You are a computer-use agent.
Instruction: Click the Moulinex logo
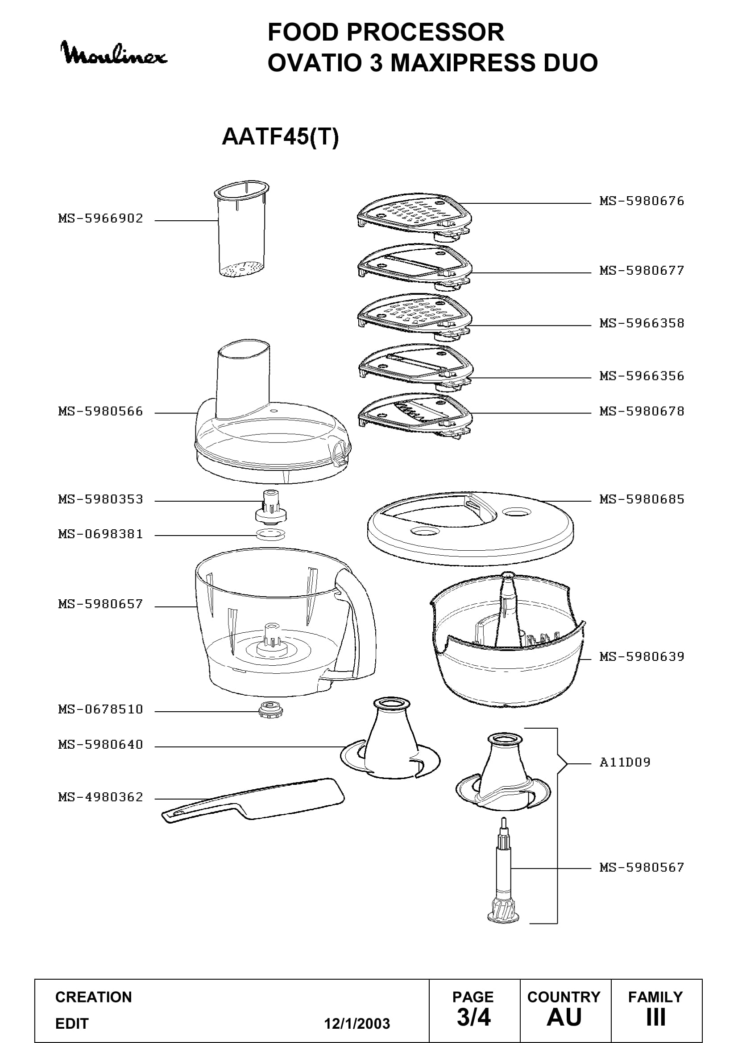pos(114,53)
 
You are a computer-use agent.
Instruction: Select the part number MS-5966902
pos(100,218)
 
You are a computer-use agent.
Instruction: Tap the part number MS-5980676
pos(641,201)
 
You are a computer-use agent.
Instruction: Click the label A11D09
pos(625,762)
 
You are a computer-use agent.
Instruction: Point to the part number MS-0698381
pos(100,534)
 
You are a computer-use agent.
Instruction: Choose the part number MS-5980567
pos(641,868)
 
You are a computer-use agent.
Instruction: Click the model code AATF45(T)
pos(280,136)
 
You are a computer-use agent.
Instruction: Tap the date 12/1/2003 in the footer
pos(357,1024)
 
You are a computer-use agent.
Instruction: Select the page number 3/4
pos(473,1017)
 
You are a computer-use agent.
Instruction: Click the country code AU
pos(564,1017)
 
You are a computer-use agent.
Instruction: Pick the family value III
pos(656,1017)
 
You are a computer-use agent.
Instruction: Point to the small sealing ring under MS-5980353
pos(271,534)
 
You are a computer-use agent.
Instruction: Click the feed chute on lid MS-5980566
pos(244,381)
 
